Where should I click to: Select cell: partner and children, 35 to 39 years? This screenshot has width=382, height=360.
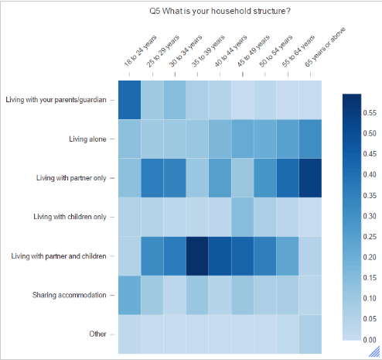tap(197, 255)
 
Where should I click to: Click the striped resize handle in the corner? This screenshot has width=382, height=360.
tap(374, 352)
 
